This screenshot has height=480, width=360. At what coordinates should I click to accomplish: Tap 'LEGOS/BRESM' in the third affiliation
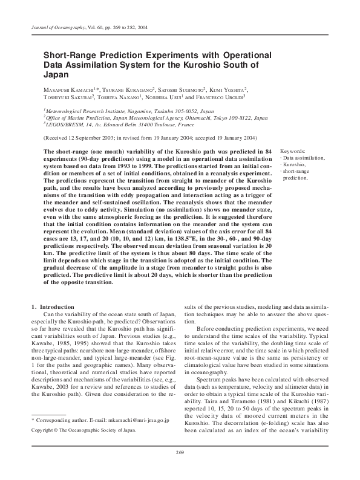coord(65,125)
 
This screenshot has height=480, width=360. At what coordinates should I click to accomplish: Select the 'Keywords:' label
coord(293,151)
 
